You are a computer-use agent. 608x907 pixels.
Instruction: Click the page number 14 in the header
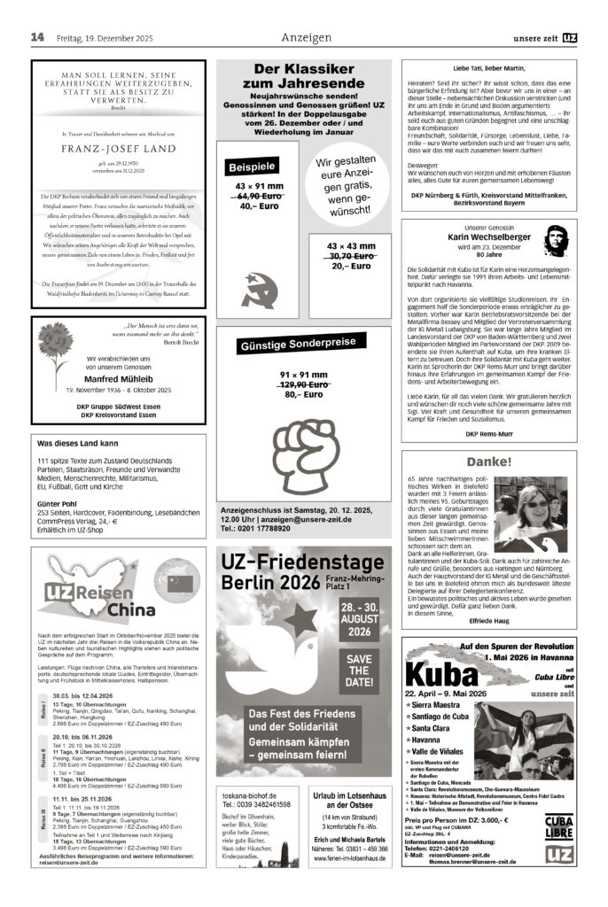point(38,37)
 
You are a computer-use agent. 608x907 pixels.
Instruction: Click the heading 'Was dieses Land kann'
point(78,443)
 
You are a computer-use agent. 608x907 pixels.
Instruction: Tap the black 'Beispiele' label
point(253,166)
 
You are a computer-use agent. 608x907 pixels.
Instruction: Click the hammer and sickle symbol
point(259,289)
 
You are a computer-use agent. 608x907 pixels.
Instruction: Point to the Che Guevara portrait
point(554,242)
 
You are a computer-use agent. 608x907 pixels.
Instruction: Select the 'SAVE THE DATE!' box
point(359,663)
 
